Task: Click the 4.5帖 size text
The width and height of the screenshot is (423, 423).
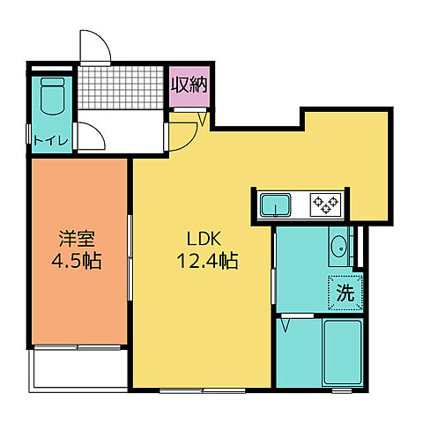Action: tap(77, 262)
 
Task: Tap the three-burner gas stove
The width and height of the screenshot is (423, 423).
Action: tap(324, 205)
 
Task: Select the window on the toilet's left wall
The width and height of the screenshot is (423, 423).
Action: tap(30, 132)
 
